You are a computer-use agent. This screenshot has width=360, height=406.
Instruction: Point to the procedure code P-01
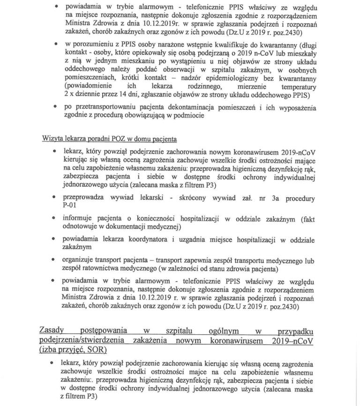pyautogui.click(x=70, y=205)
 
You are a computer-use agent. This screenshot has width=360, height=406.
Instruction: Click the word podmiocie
pyautogui.click(x=188, y=116)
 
